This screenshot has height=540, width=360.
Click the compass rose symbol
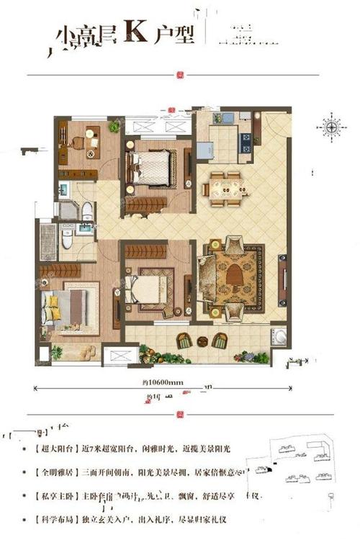click(331, 128)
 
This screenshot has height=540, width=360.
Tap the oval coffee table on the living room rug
click(235, 274)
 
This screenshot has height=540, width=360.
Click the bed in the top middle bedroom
click(153, 168)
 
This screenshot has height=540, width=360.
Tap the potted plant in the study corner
click(114, 127)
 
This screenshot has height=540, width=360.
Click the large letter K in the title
click(135, 34)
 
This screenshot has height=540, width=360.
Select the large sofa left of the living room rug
click(207, 274)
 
